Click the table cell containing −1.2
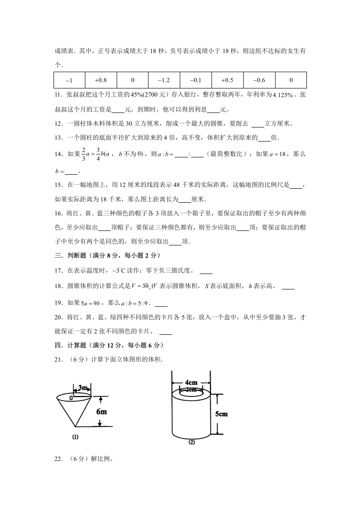coord(164,80)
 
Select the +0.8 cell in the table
coord(101,80)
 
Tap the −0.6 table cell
coord(259,80)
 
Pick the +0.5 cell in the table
coord(227,80)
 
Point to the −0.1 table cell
coord(196,80)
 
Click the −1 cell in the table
coord(69,80)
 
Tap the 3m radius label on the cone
coord(83,387)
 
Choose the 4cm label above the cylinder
coord(191,382)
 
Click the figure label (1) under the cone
coord(75,437)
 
